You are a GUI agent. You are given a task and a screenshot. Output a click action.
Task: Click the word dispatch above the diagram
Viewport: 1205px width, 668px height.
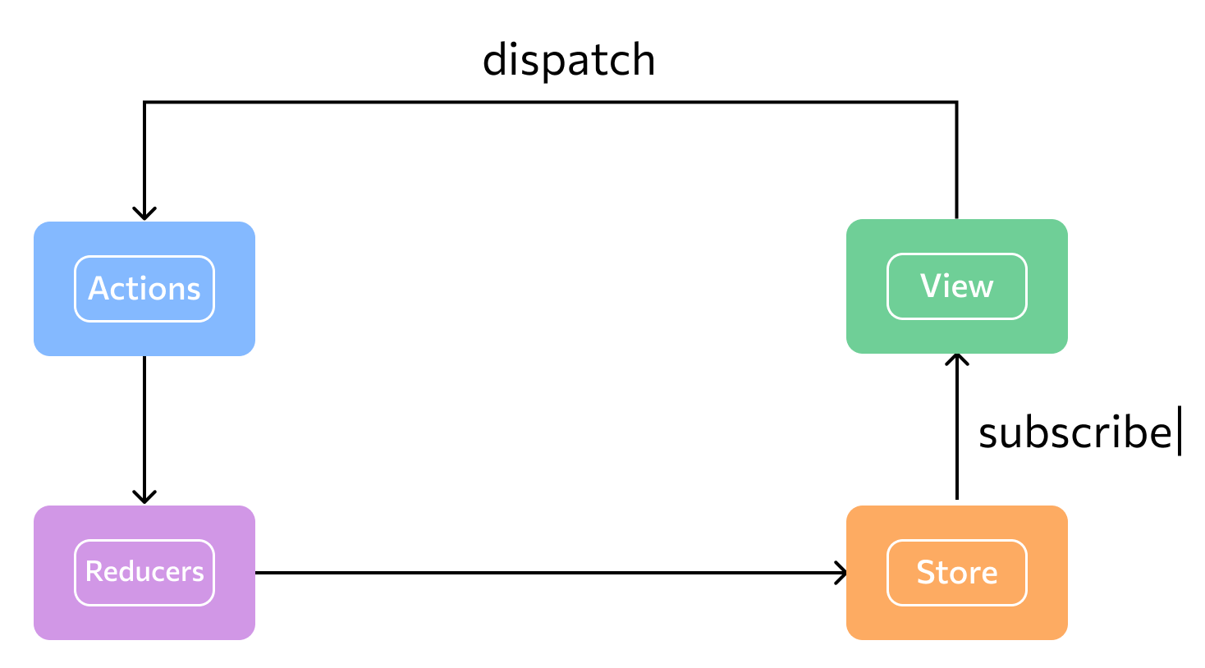(569, 60)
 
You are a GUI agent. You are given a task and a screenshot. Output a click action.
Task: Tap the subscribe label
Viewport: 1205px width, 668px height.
(1074, 433)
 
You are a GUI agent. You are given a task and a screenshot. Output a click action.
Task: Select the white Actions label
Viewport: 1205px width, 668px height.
(144, 288)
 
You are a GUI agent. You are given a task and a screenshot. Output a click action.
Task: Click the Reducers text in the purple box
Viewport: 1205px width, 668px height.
(144, 571)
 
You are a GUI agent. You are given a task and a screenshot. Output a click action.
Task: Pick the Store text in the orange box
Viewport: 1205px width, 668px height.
(957, 572)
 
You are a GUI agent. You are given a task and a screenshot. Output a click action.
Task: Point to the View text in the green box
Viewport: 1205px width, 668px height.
(956, 286)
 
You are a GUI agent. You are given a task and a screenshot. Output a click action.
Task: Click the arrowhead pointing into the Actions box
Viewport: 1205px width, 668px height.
(144, 213)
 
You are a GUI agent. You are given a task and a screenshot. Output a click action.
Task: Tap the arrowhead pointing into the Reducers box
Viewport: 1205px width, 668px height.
(144, 497)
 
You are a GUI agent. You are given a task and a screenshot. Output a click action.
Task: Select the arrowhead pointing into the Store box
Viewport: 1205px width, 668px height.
(841, 573)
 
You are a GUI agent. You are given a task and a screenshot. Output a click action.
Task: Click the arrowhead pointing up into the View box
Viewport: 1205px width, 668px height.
(957, 359)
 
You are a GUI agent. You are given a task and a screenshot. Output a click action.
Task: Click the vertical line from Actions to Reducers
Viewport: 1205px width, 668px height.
(144, 430)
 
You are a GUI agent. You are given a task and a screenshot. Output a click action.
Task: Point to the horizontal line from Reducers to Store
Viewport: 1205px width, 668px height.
(550, 573)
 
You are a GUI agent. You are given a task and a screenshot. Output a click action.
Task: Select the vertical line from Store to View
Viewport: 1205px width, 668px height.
(957, 427)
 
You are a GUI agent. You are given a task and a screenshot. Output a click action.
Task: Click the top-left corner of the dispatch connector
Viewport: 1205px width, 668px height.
(144, 102)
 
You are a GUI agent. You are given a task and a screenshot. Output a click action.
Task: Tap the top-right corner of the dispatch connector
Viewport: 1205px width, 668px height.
(957, 102)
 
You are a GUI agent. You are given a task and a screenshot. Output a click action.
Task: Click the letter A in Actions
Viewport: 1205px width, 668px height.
(99, 288)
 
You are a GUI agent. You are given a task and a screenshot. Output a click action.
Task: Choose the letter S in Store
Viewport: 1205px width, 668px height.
(927, 572)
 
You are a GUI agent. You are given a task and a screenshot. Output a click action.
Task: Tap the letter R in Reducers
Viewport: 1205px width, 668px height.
(94, 571)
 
